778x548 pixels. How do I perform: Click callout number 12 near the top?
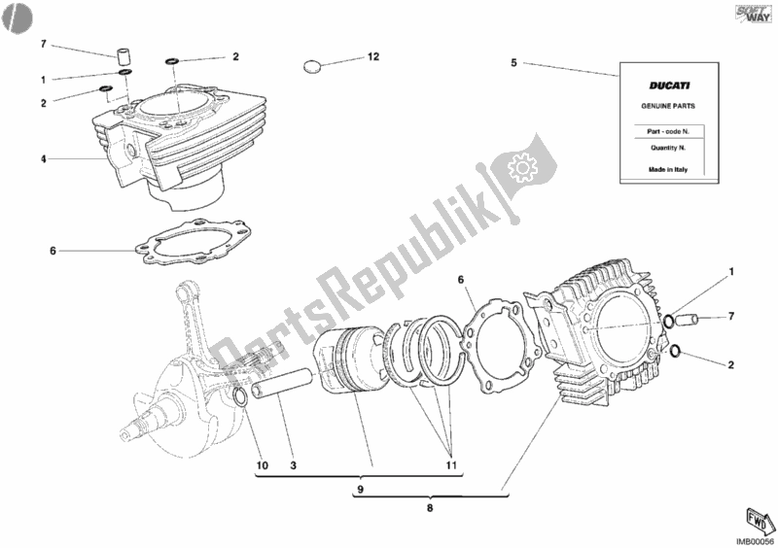(372, 57)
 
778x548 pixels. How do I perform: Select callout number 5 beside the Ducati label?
(514, 63)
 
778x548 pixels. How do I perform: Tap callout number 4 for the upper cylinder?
(43, 158)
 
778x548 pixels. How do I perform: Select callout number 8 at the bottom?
(430, 506)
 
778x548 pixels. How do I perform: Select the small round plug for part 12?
(313, 67)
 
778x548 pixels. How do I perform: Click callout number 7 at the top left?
(43, 45)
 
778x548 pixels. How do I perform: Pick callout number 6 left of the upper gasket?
(53, 251)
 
